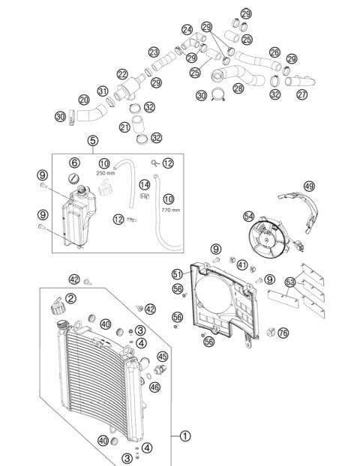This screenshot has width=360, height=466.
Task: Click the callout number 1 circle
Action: pos(185,435)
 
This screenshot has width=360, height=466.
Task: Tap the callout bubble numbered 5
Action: pos(92,140)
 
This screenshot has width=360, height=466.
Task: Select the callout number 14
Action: pos(144,184)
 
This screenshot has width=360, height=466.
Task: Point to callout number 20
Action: pos(84,100)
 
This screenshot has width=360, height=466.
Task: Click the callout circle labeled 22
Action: pos(122,74)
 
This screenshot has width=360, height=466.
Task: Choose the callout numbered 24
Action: pos(187,30)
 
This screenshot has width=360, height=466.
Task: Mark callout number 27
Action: pos(301,94)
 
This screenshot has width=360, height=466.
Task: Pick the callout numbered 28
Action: pos(238,88)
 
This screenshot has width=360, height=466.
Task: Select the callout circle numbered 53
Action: pos(291,282)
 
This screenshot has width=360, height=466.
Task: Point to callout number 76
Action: pos(283,333)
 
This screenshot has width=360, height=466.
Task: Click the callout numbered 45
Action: pos(163,356)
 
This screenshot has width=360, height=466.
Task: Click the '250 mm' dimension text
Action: pos(103,172)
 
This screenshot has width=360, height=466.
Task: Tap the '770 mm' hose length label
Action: pos(170,210)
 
